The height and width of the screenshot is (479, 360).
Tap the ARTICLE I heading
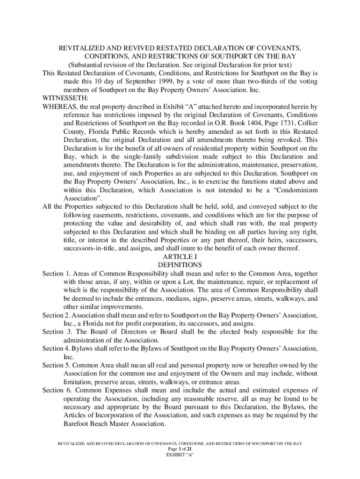(x=180, y=257)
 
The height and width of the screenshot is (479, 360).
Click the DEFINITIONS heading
(x=180, y=265)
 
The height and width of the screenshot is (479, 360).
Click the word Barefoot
(x=79, y=424)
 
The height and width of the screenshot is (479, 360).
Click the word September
(x=131, y=81)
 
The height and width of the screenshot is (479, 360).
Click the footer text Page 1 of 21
(x=180, y=448)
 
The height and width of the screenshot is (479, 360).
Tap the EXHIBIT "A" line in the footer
(x=180, y=454)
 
